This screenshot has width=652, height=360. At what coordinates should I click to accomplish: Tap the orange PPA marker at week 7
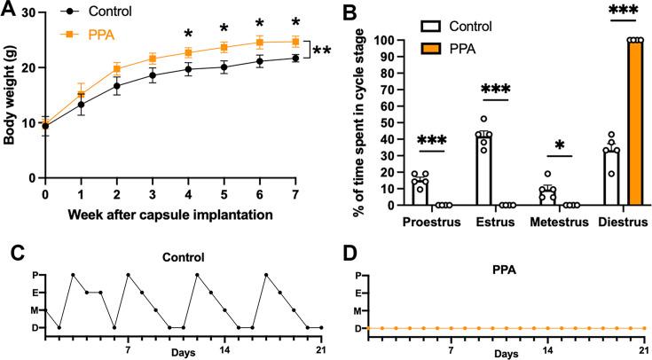(295, 41)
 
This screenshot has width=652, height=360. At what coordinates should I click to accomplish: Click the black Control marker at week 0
(45, 126)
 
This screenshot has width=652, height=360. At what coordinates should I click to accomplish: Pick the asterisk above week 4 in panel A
(188, 35)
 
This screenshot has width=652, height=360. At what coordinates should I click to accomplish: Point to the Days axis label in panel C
(181, 352)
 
